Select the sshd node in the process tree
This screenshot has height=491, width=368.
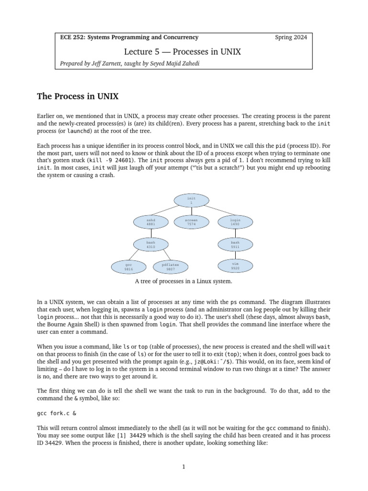[x=150, y=222]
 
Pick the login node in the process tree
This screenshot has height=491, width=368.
[x=235, y=222]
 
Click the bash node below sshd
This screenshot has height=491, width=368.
[x=150, y=245]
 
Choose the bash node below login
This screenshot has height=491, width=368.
[x=235, y=245]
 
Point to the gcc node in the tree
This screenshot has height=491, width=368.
[x=128, y=267]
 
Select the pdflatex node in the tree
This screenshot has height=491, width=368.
[x=171, y=267]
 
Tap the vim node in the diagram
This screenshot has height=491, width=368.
[x=235, y=266]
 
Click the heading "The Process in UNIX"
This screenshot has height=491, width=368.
[x=78, y=97]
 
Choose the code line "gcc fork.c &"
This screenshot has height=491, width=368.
[x=56, y=411]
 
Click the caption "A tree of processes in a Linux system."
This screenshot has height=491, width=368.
[x=184, y=281]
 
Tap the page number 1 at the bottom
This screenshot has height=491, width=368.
[x=184, y=467]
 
